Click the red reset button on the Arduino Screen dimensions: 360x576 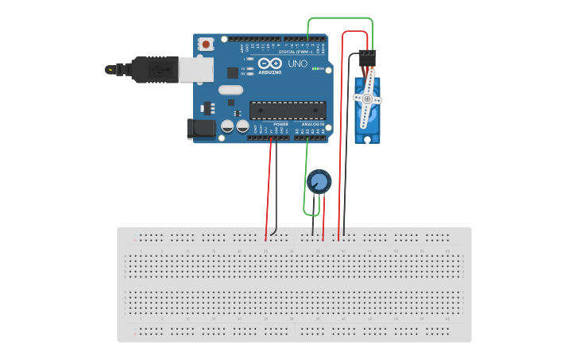point(207,45)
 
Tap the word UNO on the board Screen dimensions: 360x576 point(297,64)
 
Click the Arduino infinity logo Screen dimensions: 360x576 point(269,64)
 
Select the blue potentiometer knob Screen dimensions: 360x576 point(319,180)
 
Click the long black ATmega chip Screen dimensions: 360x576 point(288,110)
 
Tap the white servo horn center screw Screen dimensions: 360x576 point(367,99)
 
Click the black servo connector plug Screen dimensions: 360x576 point(368,58)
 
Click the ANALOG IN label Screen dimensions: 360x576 point(312,124)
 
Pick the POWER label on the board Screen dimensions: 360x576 point(280,124)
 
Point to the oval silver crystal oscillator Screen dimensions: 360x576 point(230,89)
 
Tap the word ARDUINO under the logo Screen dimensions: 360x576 point(270,72)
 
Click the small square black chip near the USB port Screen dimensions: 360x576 point(233,72)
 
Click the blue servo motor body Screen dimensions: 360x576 point(367,119)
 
